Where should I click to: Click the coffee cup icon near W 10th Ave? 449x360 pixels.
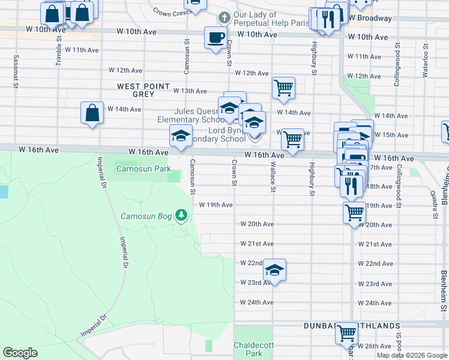pos(215,38)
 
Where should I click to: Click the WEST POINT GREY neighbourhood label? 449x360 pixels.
pos(144,90)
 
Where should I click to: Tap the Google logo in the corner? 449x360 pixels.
pos(20,353)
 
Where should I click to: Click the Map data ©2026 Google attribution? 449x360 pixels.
pos(412,355)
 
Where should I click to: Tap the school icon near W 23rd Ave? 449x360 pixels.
pos(274,271)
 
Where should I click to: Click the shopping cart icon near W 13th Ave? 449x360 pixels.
pos(283,88)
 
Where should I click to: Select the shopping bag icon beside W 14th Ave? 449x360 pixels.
pos(91,113)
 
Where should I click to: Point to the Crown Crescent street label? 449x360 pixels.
pos(172,11)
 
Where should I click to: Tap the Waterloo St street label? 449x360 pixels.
pos(425,55)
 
